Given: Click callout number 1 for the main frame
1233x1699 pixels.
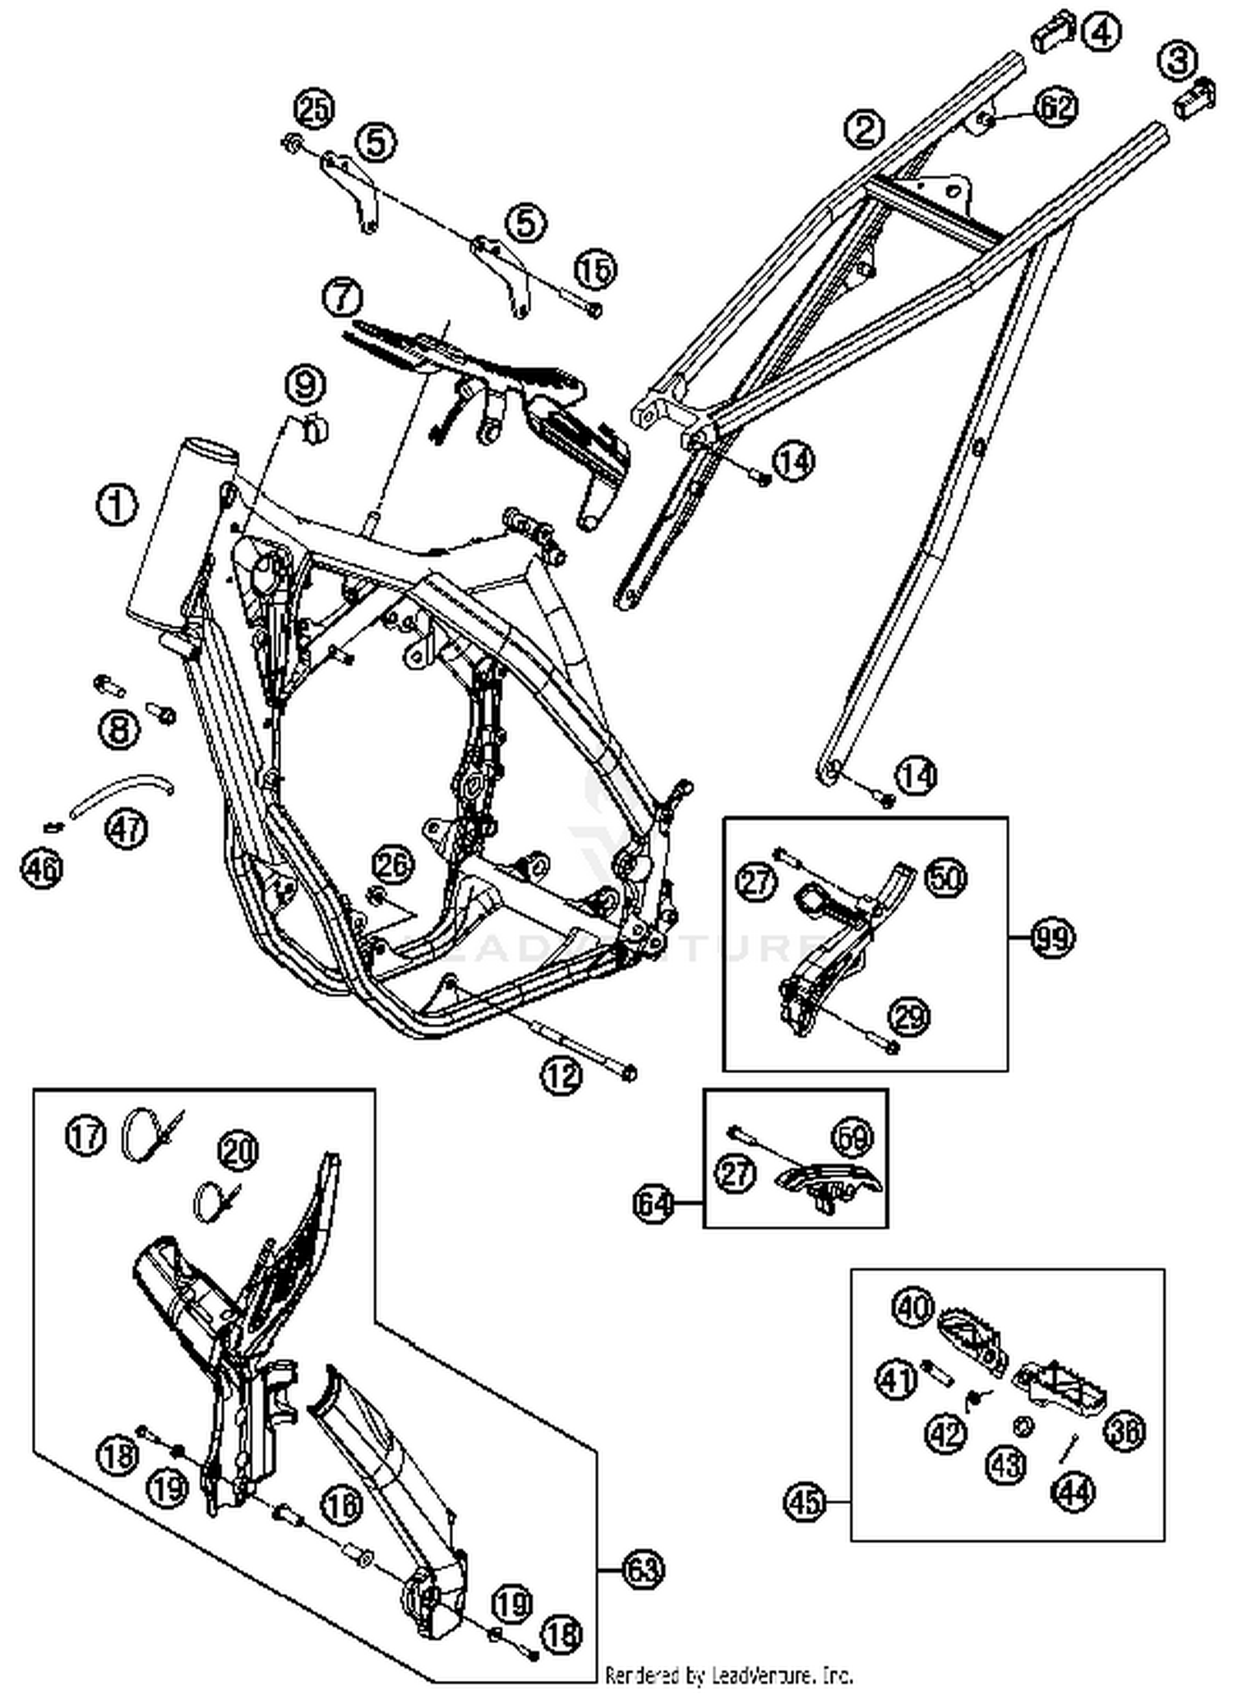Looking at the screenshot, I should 118,505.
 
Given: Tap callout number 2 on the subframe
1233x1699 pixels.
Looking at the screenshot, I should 864,129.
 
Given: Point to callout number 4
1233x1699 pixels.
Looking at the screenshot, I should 1101,33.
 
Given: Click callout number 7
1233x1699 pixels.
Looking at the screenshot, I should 343,297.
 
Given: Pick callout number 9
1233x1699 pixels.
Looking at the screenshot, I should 305,384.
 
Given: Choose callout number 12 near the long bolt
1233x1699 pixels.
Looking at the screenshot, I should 562,1075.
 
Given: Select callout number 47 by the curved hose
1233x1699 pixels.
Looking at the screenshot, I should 127,827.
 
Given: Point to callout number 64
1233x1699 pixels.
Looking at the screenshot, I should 653,1204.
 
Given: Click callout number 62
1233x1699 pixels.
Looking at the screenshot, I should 1055,108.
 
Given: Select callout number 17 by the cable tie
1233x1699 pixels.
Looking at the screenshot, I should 86,1137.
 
